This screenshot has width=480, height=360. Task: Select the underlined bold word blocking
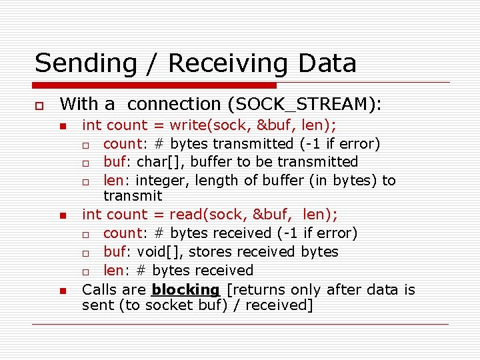[185, 289]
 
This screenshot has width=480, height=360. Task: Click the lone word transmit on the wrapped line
[132, 195]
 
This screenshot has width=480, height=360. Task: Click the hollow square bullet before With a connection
[39, 105]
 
